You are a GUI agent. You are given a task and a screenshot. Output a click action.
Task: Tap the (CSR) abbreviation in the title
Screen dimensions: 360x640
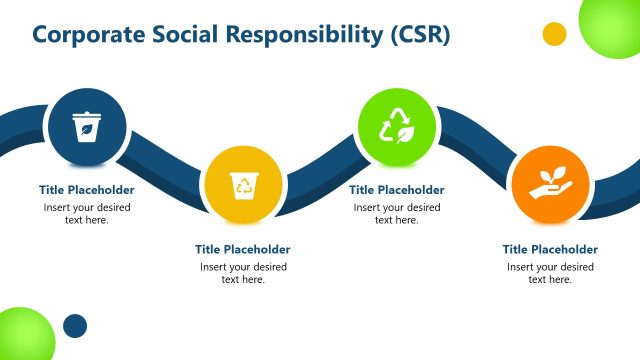tap(419, 35)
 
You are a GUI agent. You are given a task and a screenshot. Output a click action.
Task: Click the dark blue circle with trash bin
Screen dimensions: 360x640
tap(87, 127)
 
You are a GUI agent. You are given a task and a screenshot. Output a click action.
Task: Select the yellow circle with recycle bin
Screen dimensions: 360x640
tap(244, 185)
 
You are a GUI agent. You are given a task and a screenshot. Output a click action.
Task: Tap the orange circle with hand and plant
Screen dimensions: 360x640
tap(550, 185)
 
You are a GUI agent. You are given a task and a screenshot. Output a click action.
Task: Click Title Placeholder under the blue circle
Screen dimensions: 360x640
tap(87, 190)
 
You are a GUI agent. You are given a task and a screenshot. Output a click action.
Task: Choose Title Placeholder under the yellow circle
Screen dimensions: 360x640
tap(243, 249)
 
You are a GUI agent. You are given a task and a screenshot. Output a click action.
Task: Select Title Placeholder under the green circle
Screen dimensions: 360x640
tap(397, 190)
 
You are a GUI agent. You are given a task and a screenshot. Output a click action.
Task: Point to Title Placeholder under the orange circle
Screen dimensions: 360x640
tap(550, 249)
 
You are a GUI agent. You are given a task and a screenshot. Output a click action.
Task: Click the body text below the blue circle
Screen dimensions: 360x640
tap(87, 214)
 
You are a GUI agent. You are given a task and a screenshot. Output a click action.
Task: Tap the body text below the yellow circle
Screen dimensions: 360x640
tap(243, 273)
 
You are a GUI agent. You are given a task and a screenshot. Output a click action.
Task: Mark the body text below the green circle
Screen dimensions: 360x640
tap(397, 214)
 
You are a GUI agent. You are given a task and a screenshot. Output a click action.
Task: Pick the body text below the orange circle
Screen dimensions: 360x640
tap(550, 273)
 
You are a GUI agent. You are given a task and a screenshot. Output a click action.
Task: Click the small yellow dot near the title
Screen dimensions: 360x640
tap(554, 34)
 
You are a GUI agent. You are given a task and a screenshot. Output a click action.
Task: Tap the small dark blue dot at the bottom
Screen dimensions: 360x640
tap(75, 326)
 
